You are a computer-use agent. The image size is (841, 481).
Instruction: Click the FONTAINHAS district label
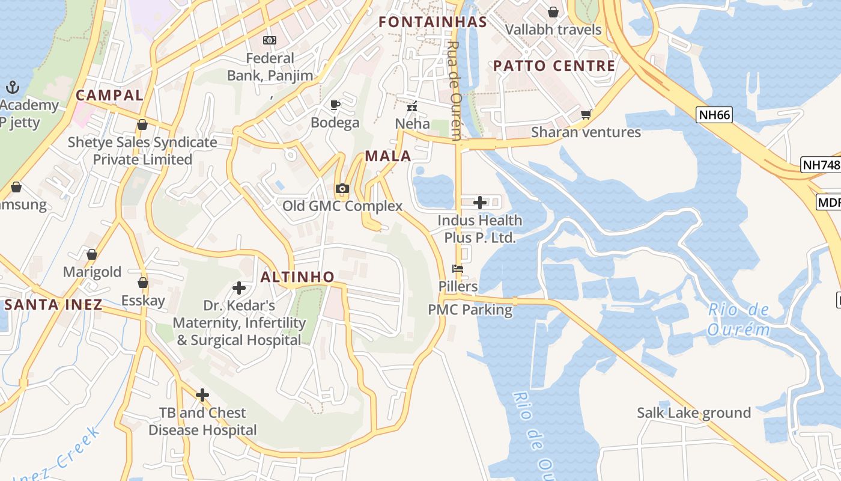point(433,22)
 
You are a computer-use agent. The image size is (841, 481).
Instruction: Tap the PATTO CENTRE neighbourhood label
point(554,66)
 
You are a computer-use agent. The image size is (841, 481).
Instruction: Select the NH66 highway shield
point(714,114)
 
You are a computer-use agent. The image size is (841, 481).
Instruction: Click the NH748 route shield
point(821,165)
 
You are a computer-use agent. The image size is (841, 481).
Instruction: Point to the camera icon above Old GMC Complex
point(342,189)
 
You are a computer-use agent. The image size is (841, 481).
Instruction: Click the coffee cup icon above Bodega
point(335,105)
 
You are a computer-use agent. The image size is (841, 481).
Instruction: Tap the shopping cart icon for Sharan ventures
point(586,114)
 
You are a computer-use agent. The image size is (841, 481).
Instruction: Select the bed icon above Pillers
point(458,269)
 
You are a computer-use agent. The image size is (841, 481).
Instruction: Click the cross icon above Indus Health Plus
point(480,203)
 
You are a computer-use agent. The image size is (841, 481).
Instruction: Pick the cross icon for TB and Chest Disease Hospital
point(202,395)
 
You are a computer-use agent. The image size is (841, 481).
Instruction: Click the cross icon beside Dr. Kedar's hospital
point(239,288)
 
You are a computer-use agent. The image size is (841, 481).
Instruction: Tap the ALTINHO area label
point(297,277)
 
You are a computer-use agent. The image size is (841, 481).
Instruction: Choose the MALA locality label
point(388,156)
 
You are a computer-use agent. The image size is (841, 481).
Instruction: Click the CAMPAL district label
point(110,95)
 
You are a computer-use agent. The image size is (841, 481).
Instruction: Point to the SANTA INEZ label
point(53,304)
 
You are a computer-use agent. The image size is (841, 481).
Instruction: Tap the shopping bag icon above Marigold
point(92,254)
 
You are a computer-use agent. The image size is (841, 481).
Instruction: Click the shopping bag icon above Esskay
point(143,283)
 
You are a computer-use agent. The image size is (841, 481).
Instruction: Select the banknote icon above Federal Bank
point(270,40)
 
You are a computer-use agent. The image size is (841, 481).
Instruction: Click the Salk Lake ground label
point(694,413)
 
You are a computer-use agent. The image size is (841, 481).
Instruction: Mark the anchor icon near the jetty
point(13,88)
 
